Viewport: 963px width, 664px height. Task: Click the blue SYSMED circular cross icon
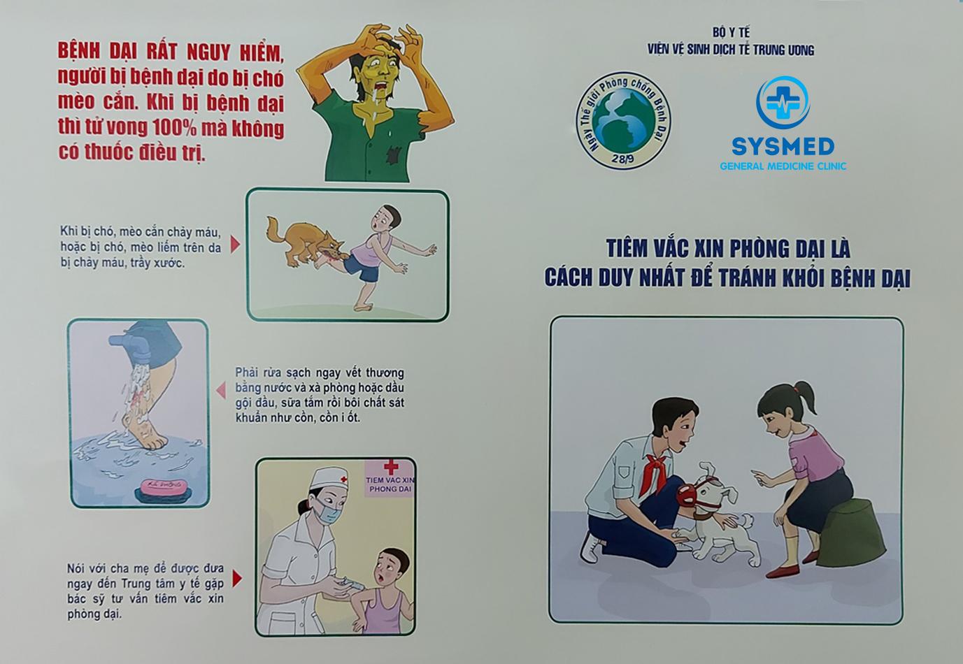pos(783,102)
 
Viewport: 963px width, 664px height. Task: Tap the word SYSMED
pos(783,147)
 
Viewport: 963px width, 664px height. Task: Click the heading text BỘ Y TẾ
pos(731,32)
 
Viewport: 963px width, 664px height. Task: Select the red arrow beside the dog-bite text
pos(235,244)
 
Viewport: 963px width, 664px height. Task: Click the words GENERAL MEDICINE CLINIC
pos(783,166)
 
